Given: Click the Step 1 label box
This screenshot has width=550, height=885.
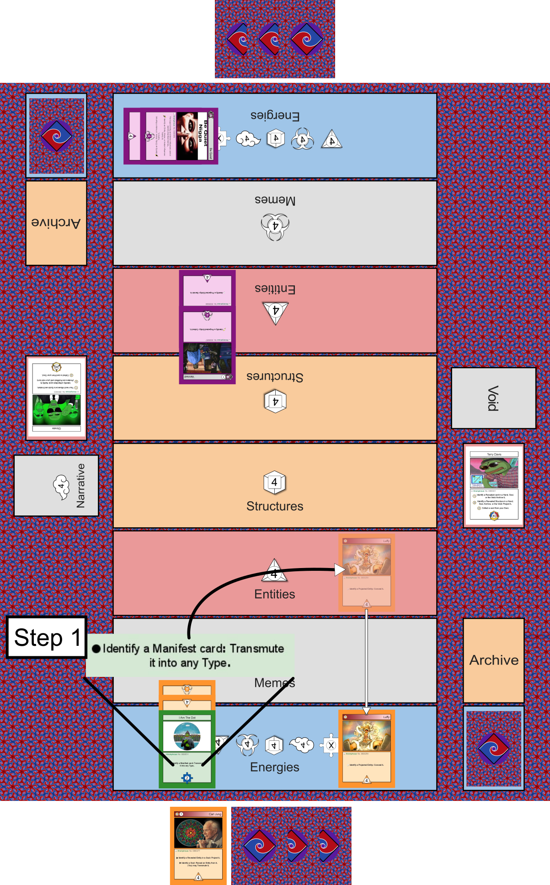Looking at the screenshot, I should pyautogui.click(x=47, y=637).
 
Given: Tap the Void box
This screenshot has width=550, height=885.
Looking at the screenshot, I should pyautogui.click(x=493, y=398).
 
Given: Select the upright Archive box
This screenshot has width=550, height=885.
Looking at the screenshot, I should pyautogui.click(x=494, y=660).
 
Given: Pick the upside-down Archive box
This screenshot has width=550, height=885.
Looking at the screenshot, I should pyautogui.click(x=56, y=223).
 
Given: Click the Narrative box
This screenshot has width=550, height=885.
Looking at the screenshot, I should pyautogui.click(x=56, y=485).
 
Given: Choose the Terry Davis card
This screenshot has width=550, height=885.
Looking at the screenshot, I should pyautogui.click(x=494, y=486).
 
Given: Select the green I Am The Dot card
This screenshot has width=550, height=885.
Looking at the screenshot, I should pyautogui.click(x=187, y=748).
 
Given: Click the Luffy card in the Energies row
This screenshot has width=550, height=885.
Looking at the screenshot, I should pyautogui.click(x=366, y=748).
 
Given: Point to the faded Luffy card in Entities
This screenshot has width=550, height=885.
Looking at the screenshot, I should pyautogui.click(x=366, y=573).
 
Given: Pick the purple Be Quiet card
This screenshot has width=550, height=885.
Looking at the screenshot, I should pyautogui.click(x=171, y=136).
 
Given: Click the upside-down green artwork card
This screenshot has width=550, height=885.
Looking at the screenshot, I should pyautogui.click(x=56, y=397).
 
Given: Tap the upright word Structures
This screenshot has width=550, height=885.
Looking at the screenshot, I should pyautogui.click(x=275, y=506).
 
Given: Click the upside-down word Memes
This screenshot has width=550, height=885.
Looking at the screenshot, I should pyautogui.click(x=275, y=200).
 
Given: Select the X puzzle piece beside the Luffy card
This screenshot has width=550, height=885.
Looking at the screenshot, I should pyautogui.click(x=331, y=746).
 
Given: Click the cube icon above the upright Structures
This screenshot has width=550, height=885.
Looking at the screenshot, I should pyautogui.click(x=274, y=483).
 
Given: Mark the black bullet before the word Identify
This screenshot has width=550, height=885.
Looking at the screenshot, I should pyautogui.click(x=96, y=649).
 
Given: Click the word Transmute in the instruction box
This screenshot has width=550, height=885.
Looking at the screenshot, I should pyautogui.click(x=256, y=649).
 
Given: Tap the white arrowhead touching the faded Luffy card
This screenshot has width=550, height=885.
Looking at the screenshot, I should pyautogui.click(x=339, y=569).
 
